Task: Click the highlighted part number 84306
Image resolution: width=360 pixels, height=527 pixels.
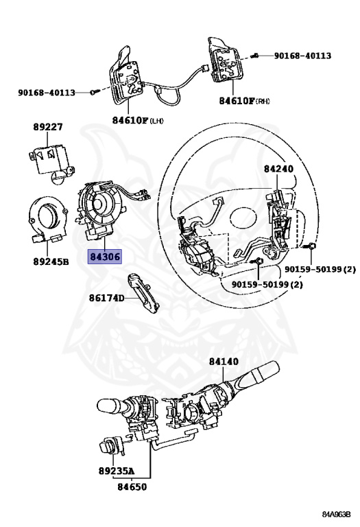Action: point(105,257)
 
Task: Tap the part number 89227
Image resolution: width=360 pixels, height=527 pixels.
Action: point(48,127)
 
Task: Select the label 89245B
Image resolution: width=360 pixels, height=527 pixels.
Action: point(51,261)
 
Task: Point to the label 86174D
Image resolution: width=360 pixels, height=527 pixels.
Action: point(106,298)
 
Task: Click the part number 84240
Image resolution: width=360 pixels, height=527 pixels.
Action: point(278,169)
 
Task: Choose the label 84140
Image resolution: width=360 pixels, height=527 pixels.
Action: point(224,362)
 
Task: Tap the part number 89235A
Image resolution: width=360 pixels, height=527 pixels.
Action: point(116,471)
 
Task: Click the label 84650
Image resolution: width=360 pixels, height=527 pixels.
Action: point(132,487)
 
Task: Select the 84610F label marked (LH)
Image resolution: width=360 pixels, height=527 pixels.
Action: point(138,120)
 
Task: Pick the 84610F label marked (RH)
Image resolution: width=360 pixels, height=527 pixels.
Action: point(245,101)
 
